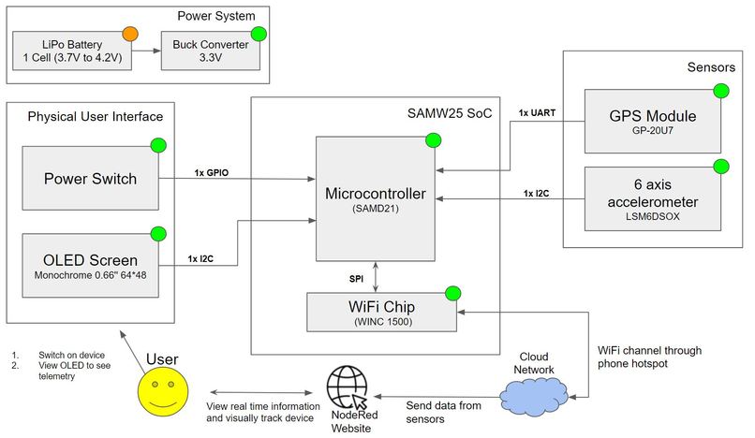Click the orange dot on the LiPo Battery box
click(x=129, y=35)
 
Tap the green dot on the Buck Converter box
click(x=259, y=35)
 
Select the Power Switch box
click(x=90, y=178)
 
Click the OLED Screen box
click(x=90, y=265)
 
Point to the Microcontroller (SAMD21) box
click(x=375, y=199)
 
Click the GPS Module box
click(x=653, y=121)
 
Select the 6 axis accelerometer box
click(x=653, y=197)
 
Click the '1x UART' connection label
click(x=537, y=114)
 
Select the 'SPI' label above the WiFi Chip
click(x=356, y=279)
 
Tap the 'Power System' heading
click(x=216, y=16)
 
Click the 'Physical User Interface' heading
click(x=96, y=117)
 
